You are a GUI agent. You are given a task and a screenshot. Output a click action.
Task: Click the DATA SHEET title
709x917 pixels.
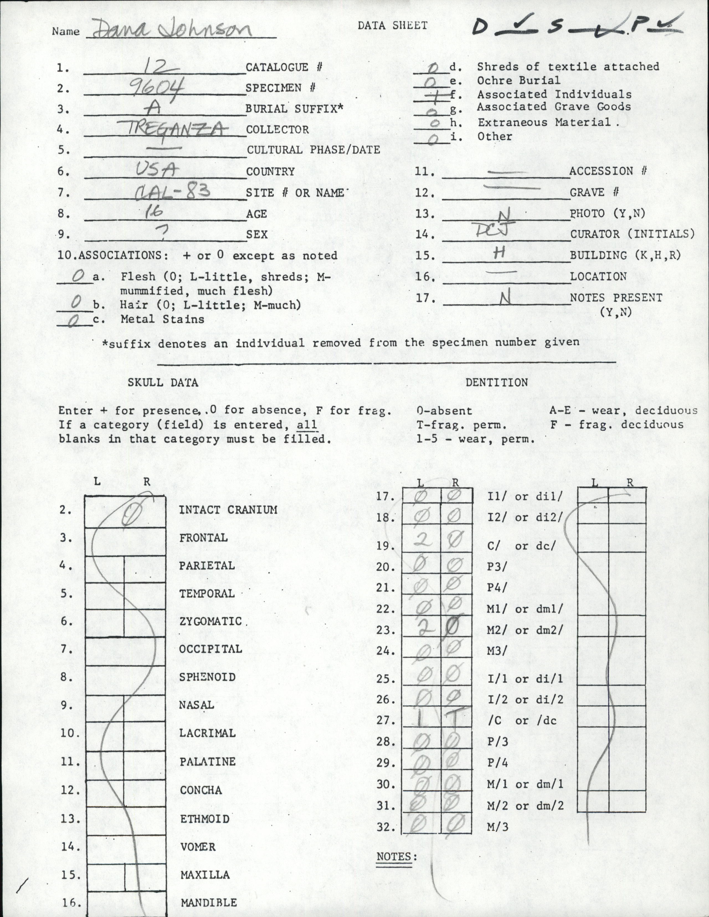pyautogui.click(x=392, y=25)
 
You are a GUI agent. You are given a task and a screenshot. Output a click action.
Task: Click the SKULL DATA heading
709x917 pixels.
pyautogui.click(x=163, y=382)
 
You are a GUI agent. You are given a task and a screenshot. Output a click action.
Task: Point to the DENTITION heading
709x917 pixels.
pyautogui.click(x=497, y=382)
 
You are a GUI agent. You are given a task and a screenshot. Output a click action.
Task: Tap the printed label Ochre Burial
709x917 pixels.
pyautogui.click(x=518, y=81)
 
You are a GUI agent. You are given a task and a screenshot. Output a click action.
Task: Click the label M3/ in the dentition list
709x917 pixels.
pyautogui.click(x=497, y=651)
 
